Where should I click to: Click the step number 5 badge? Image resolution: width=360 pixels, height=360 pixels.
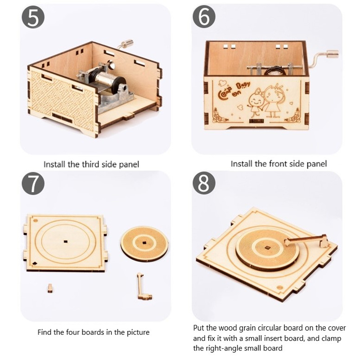[x=33, y=18]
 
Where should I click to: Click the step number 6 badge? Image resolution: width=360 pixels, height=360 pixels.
[x=204, y=17]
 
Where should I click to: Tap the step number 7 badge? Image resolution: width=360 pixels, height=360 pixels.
[x=33, y=184]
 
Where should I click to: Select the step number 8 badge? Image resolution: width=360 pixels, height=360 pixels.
[x=204, y=184]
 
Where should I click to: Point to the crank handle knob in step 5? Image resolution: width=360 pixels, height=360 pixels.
[x=127, y=43]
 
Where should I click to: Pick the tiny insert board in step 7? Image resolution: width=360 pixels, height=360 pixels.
[x=50, y=288]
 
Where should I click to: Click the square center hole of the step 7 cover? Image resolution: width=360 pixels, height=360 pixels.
[x=65, y=242]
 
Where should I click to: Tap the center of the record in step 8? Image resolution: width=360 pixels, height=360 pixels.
[x=267, y=248]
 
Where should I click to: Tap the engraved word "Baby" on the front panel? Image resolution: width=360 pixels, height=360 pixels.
[x=243, y=86]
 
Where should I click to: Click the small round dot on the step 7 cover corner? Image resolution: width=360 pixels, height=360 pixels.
[x=36, y=220]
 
